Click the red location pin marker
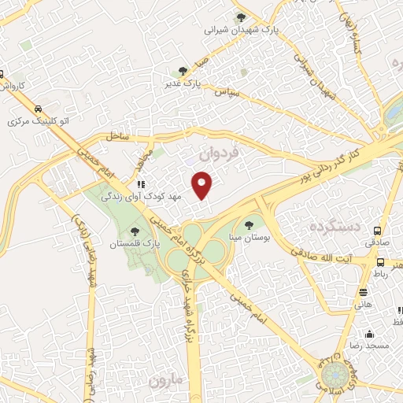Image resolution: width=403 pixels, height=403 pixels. [203, 185]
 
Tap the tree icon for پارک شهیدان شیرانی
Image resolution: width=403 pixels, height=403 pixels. [241, 17]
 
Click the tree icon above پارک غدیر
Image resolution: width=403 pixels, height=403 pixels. [183, 71]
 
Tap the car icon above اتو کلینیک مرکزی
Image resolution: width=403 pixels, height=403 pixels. [39, 110]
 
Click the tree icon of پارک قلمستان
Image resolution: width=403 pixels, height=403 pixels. [137, 231]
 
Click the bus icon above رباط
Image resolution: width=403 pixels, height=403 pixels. [381, 263]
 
